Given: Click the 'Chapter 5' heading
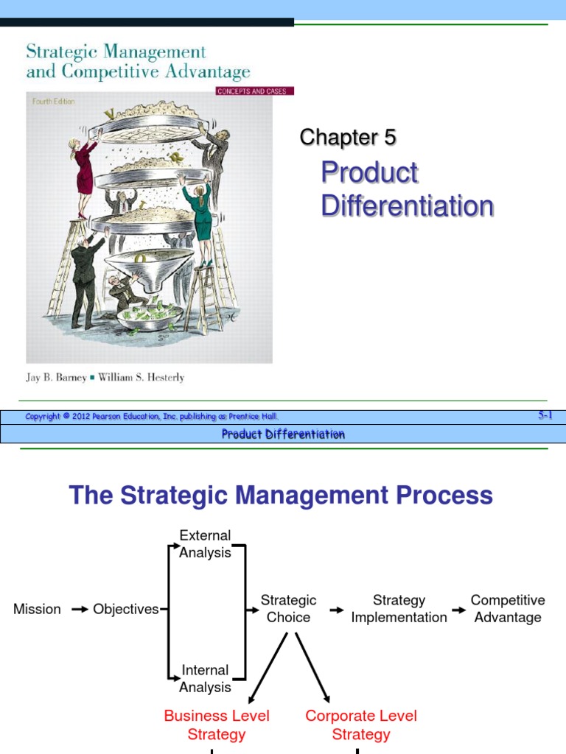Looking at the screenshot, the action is pos(348,138).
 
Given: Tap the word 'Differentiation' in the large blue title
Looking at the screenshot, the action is pos(408,206).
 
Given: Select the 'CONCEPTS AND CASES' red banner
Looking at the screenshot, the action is pos(254,91).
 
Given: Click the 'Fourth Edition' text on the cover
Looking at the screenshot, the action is pos(53,102).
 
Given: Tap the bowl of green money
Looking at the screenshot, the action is pos(150,315).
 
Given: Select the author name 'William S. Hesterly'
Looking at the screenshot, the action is pos(141,378).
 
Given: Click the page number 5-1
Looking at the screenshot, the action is pos(545,415).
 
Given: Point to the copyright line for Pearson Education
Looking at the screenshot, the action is pos(152,417).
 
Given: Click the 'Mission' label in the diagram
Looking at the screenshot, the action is pos(37,609).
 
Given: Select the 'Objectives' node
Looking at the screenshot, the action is pos(125,609).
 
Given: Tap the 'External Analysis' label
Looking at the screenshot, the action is pos(205,544).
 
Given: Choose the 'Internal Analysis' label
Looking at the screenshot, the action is pos(205,678).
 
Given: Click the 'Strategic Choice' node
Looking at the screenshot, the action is pos(288,609).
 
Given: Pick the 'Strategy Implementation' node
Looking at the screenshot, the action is pos(399,609).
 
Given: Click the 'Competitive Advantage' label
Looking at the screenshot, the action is pos(508,609).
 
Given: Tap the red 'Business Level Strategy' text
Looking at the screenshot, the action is pos(217,725).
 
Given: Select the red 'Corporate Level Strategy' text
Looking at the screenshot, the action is pos(361,725).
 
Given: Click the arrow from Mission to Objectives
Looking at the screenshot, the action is pos(80,610).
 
